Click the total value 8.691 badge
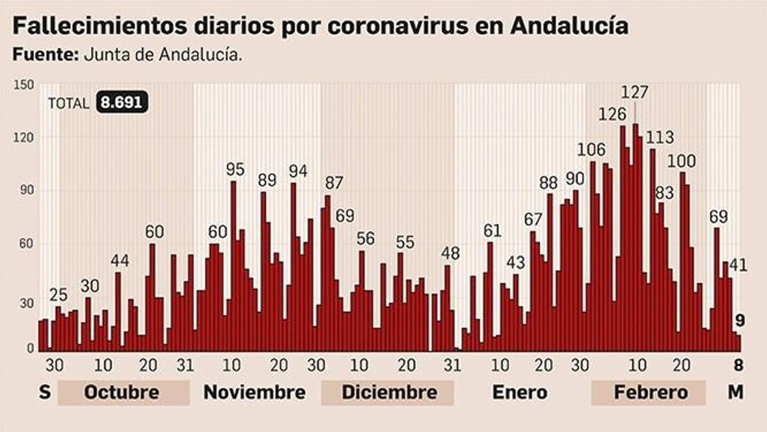[x=122, y=103]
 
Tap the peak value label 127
[x=634, y=92]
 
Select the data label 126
[x=612, y=114]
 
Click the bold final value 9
[x=740, y=321]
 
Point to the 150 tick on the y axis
[x=24, y=85]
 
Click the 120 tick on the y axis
[x=24, y=138]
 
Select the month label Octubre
[x=122, y=392]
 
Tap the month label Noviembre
[x=255, y=392]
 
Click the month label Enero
[x=520, y=392]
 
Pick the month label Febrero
[x=651, y=392]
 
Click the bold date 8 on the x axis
[x=738, y=365]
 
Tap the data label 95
[x=235, y=169]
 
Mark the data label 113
[x=660, y=138]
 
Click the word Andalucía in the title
[x=569, y=25]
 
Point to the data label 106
[x=591, y=150]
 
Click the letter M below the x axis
[x=735, y=392]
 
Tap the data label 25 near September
[x=58, y=295]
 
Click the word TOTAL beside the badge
[x=69, y=103]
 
